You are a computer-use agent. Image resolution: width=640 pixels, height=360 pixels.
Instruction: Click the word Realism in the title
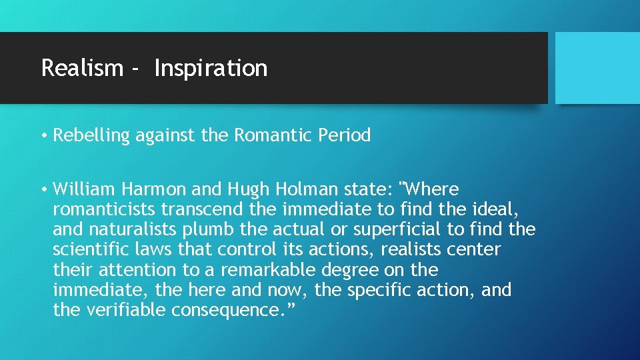(x=82, y=68)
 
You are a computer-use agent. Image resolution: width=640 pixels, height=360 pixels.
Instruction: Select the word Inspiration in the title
(x=211, y=68)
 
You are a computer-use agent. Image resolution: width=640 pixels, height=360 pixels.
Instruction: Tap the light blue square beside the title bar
(x=597, y=67)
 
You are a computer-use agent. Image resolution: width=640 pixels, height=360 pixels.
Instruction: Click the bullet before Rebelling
(x=43, y=136)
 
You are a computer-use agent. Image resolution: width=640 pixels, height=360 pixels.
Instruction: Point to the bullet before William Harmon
(x=43, y=190)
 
